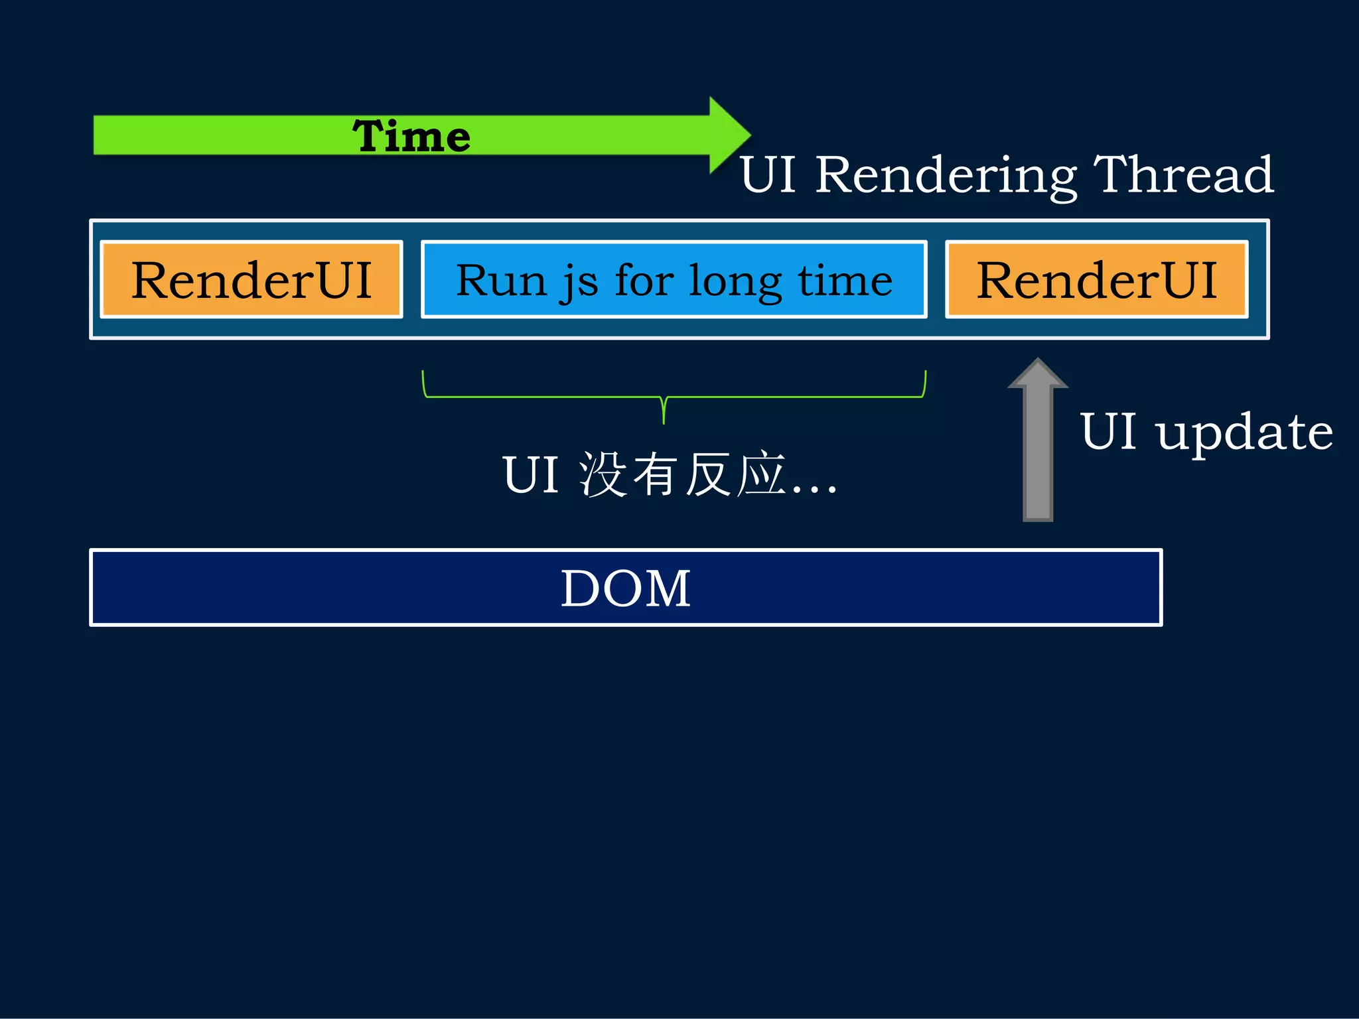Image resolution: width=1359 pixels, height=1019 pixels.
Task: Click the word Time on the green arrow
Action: tap(411, 137)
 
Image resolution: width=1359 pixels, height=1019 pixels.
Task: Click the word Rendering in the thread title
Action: tap(946, 176)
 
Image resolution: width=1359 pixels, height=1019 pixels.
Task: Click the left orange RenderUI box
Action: tap(251, 279)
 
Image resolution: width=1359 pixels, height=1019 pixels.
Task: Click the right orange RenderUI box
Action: tap(1096, 279)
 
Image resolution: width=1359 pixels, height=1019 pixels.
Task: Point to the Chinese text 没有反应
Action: tap(683, 475)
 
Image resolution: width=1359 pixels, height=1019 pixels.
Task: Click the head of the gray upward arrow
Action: tap(1038, 374)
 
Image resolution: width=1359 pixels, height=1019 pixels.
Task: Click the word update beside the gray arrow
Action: tap(1244, 433)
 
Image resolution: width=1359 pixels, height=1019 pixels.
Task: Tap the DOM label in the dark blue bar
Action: tap(626, 588)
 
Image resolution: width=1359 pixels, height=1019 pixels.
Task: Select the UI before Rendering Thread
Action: tap(768, 176)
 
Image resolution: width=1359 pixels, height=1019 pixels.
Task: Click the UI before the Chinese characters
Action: tap(530, 475)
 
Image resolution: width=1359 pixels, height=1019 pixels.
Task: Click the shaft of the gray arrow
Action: tap(1038, 458)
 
